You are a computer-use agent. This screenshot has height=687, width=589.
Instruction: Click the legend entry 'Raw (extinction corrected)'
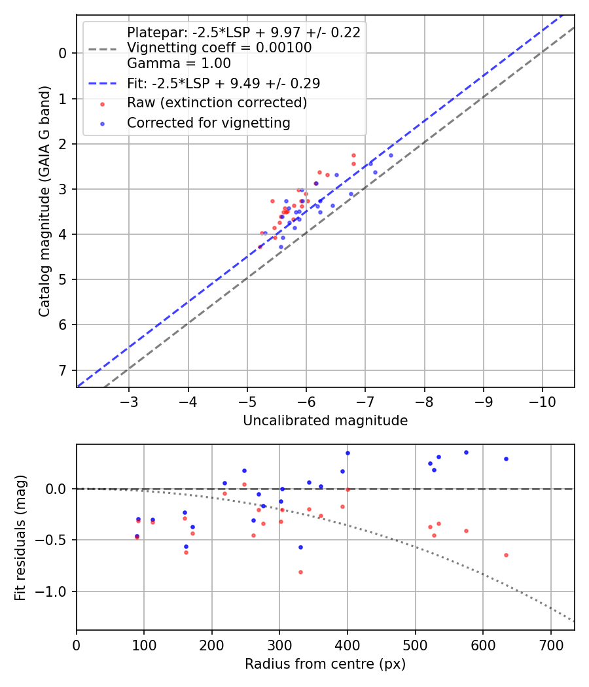coord(217,103)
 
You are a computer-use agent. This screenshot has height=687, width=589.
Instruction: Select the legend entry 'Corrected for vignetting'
coord(209,122)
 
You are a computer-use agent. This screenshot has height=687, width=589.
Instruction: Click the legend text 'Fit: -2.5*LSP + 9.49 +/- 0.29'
coord(223,83)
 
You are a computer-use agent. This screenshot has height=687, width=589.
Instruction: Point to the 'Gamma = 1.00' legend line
coord(179,63)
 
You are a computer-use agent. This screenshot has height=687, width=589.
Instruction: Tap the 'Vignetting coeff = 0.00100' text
coord(219,48)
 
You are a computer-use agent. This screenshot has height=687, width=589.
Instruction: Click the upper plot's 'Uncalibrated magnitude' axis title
coord(325,421)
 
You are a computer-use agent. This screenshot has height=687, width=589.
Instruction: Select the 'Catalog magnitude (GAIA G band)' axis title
coord(44,202)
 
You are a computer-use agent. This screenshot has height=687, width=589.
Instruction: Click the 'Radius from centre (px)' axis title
coord(325,664)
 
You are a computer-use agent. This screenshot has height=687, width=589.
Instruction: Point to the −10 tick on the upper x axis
coord(542,400)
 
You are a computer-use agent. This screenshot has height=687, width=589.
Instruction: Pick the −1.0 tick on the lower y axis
coord(57,591)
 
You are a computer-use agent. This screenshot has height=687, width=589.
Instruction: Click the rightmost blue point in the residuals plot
coord(506,459)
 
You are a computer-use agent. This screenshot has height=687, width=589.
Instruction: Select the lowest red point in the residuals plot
coord(300,572)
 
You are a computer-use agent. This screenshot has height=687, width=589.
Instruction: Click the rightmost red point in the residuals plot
coord(506,555)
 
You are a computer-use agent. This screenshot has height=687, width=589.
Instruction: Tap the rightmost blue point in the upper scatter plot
coord(391,155)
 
